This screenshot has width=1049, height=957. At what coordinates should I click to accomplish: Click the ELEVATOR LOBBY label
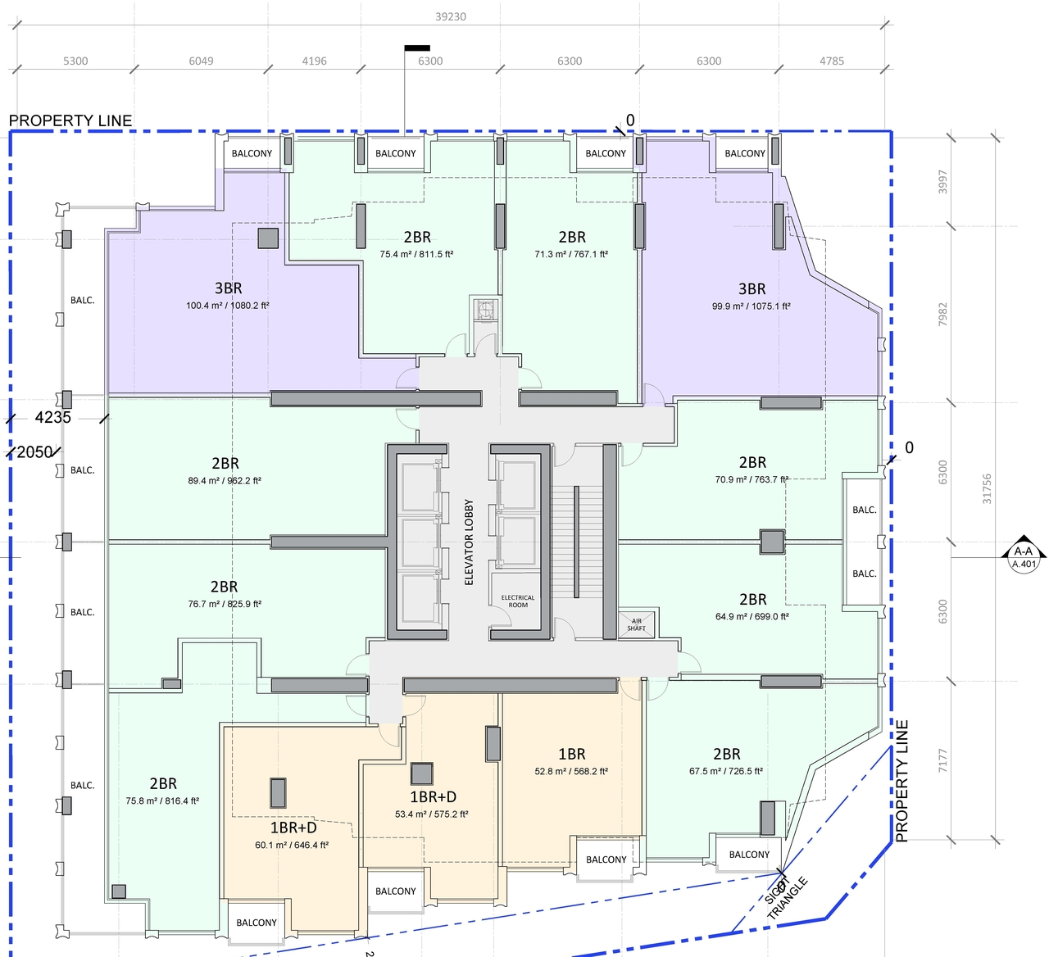point(469,542)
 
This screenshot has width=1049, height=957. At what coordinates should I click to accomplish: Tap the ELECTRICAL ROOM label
point(518,601)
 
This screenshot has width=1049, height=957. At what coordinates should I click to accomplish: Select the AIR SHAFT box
point(637,624)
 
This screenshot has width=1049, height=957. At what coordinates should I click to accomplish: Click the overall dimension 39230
point(450,16)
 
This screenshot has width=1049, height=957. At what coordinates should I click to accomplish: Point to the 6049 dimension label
point(201,61)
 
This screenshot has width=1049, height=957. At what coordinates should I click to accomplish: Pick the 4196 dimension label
point(314,61)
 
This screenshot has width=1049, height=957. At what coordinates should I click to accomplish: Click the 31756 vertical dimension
point(986,489)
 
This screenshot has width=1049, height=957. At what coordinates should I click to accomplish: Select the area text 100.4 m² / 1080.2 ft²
point(228,306)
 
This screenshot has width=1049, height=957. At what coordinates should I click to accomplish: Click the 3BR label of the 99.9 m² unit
point(752,288)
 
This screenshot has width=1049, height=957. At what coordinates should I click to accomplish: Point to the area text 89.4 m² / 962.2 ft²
point(225,481)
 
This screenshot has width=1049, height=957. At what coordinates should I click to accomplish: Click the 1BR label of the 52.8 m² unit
point(571,754)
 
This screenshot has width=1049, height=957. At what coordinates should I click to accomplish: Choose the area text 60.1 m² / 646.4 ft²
point(292,845)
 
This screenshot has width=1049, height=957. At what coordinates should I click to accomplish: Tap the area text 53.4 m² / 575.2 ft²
point(431,814)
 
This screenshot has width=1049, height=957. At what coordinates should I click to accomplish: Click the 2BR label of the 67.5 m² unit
point(727,754)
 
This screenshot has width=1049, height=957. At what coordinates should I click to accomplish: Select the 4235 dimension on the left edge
point(52,417)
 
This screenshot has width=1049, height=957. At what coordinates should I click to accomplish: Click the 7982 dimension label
point(942,315)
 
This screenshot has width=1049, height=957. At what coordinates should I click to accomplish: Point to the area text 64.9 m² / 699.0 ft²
point(752,616)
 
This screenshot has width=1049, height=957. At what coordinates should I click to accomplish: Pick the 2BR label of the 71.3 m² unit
point(572,238)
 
